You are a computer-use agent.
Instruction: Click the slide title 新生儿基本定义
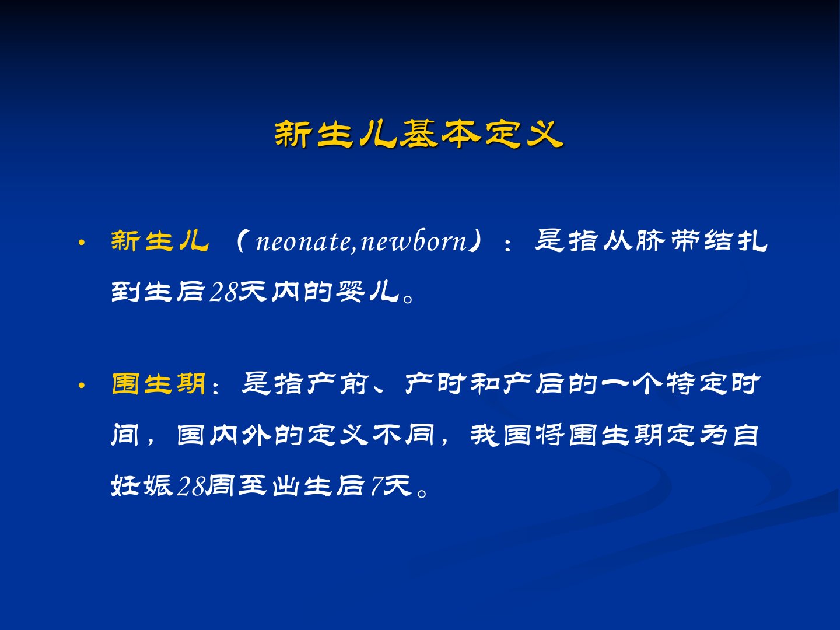click(419, 134)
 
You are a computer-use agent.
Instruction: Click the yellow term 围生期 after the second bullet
click(159, 384)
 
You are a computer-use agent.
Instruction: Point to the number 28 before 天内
click(224, 292)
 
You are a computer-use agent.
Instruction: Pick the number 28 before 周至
click(191, 486)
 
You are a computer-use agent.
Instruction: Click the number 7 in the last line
click(377, 486)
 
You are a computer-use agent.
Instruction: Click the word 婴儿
click(368, 292)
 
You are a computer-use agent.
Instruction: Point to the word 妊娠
click(142, 486)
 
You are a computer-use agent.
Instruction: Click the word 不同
click(404, 435)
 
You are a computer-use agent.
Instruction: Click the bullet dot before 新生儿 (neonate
click(81, 242)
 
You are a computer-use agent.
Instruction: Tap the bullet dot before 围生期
click(81, 385)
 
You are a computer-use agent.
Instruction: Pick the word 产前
click(338, 384)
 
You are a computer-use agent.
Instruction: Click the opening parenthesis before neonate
click(241, 241)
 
